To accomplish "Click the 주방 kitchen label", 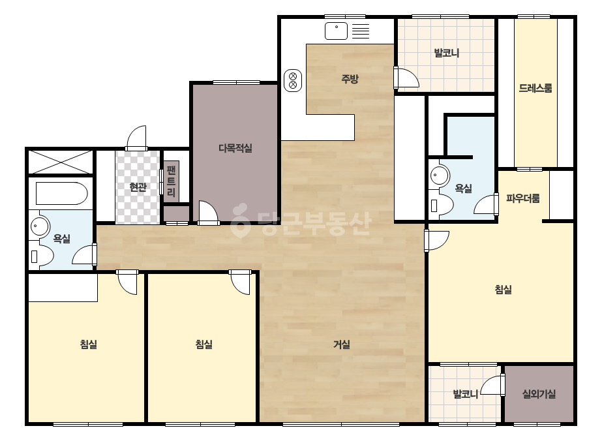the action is click(x=350, y=79).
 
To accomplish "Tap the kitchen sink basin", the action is click(x=336, y=31).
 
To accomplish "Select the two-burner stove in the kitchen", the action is click(x=293, y=81).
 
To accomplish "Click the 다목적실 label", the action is click(x=235, y=148).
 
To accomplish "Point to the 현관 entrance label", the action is click(x=138, y=187).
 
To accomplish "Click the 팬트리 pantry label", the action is click(x=172, y=181).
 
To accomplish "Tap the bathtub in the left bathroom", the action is click(x=61, y=193).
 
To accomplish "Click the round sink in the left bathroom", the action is click(x=39, y=226).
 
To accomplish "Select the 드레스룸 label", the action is click(x=535, y=88).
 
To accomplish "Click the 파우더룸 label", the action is click(x=523, y=198).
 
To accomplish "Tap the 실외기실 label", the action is click(x=539, y=394).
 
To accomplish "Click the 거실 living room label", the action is click(x=342, y=344).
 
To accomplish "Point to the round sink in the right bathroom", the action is click(x=438, y=176).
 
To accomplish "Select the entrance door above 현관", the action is click(x=136, y=138).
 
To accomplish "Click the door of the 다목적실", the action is click(x=208, y=213).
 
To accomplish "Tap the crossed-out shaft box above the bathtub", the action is click(x=61, y=162).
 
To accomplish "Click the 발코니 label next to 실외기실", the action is click(x=465, y=394).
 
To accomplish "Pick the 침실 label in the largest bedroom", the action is click(x=504, y=289).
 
